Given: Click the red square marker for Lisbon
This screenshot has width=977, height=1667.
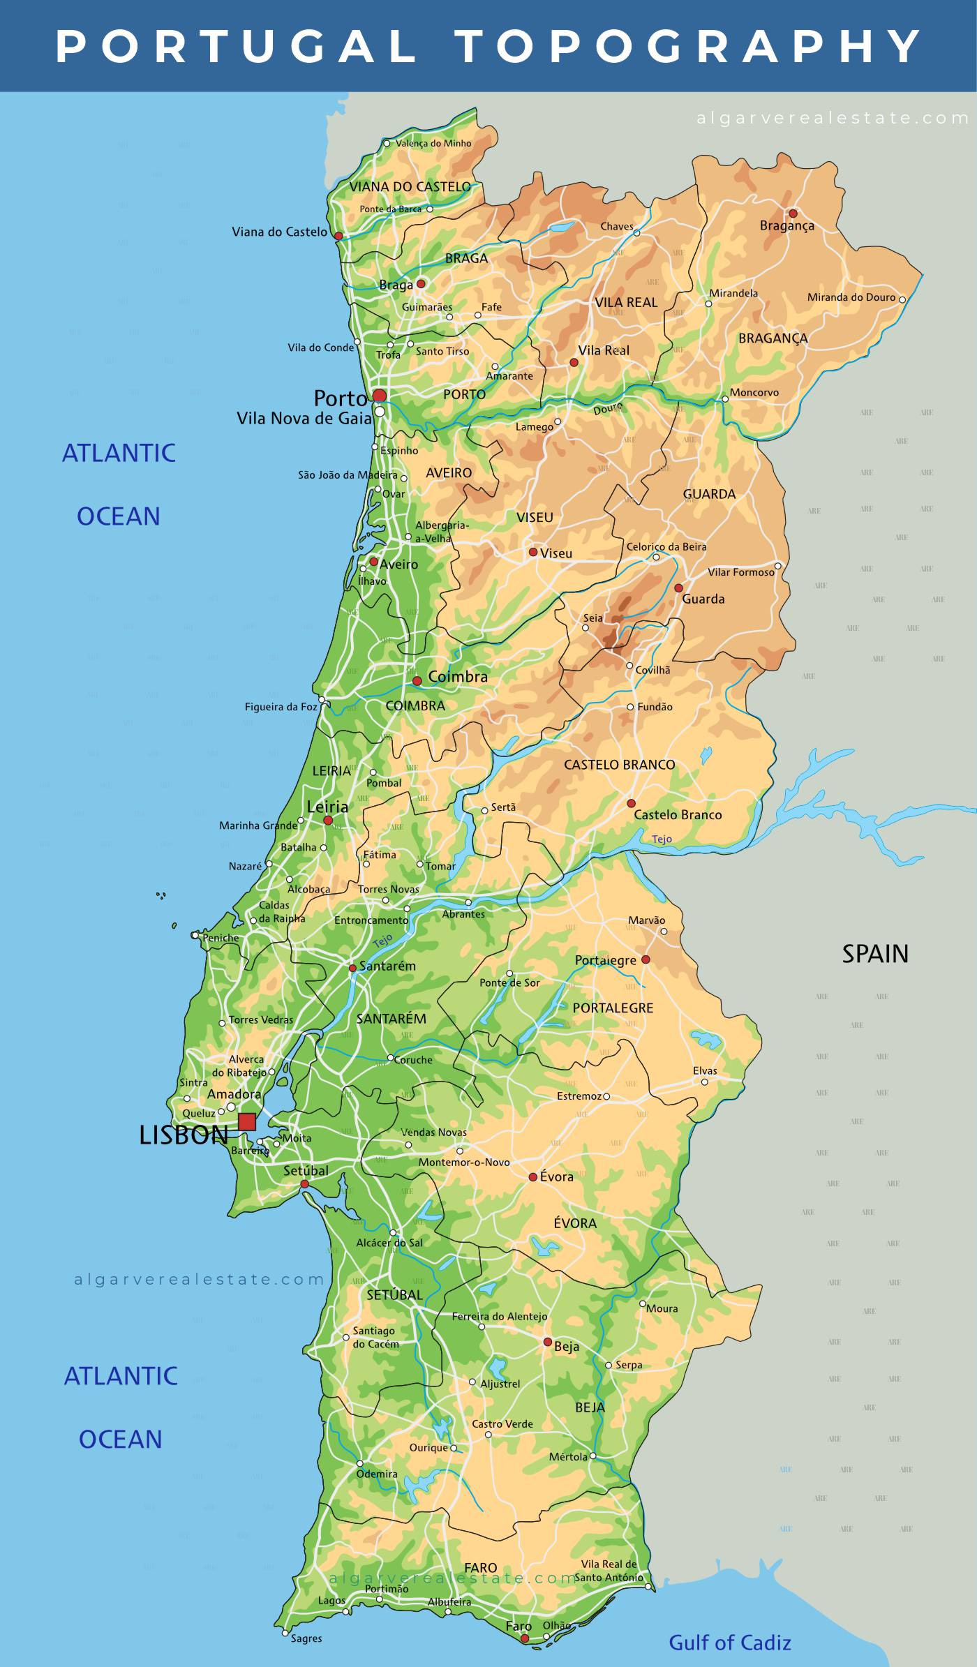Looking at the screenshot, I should [247, 1122].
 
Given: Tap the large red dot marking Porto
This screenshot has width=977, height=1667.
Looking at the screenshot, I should [379, 396].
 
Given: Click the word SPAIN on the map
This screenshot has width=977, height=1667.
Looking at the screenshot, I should [874, 954].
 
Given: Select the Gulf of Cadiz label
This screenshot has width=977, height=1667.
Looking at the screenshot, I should [729, 1643].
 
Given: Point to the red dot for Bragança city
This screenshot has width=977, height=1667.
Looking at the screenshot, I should [793, 214].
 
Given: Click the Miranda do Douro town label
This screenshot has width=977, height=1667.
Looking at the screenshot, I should [851, 297].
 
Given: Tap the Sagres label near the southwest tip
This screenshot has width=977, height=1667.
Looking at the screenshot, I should [306, 1638].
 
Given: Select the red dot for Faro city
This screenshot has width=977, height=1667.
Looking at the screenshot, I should [525, 1638].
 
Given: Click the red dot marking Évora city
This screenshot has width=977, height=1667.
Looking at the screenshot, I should [533, 1176].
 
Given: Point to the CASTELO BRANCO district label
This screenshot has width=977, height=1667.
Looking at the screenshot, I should [619, 765].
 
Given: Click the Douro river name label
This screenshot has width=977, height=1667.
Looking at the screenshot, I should [607, 409].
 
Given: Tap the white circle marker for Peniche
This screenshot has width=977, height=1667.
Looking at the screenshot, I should [195, 935].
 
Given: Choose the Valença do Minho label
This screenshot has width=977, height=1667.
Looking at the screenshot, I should [433, 144].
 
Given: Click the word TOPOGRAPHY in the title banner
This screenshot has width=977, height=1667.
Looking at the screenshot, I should [689, 46].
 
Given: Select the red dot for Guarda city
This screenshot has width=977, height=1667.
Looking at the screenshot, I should [678, 588].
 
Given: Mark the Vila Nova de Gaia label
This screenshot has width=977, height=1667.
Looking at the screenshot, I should [304, 419].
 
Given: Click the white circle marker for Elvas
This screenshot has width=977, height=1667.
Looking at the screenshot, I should [704, 1082].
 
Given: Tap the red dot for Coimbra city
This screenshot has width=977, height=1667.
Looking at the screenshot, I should [417, 680].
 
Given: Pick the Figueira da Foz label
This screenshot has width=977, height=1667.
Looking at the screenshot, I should [281, 707].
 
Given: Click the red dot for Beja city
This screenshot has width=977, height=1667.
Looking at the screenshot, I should [548, 1342].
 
